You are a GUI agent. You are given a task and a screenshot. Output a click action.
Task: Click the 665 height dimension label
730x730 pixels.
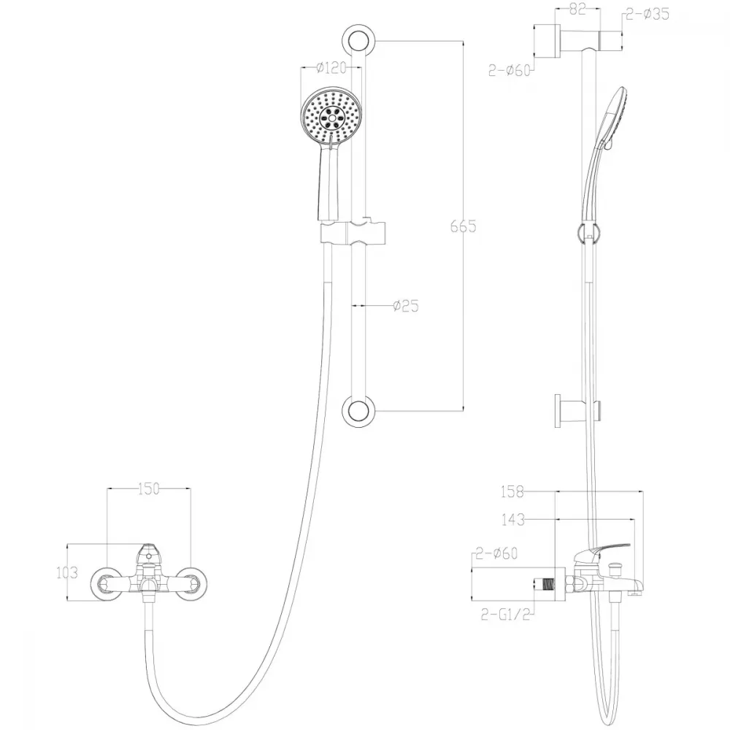464,226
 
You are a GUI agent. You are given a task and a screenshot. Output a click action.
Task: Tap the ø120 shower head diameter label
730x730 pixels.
331,68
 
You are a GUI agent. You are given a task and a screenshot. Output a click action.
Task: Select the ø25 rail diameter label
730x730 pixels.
406,306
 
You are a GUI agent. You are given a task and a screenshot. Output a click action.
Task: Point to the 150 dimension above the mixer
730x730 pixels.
149,489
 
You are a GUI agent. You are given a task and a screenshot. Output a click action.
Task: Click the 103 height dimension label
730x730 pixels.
67,572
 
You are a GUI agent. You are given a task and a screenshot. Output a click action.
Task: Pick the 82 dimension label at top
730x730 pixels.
577,9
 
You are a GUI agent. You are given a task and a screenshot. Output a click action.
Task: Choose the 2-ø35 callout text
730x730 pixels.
648,14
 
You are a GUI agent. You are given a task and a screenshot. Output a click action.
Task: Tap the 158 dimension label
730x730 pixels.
512,491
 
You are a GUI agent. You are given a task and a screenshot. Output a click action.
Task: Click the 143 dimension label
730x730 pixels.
513,520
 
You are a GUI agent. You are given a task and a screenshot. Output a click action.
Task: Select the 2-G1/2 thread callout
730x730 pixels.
506,615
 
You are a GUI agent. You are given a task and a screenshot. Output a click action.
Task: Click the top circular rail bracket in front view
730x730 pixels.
358,41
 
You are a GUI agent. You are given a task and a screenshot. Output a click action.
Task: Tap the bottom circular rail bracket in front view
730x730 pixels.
358,411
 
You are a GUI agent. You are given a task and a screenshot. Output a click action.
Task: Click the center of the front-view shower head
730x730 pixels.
331,116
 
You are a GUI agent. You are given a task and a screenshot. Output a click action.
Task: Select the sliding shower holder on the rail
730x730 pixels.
353,232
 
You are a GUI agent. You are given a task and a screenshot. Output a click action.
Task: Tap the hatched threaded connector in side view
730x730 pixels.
550,584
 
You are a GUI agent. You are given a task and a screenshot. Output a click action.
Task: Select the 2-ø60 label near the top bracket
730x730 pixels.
510,71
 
